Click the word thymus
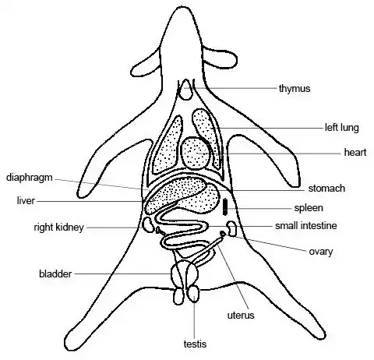(295, 89)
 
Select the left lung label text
(342, 128)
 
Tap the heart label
(355, 152)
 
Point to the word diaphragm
(30, 178)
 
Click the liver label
(26, 200)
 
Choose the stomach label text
(326, 189)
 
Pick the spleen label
(309, 208)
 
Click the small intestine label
(306, 225)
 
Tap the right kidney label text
(59, 228)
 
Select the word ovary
(321, 252)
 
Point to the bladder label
(55, 274)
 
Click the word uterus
(241, 316)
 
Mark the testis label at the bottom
(195, 344)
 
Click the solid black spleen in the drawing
(225, 206)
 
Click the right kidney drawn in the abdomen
(148, 224)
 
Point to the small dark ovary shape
(223, 233)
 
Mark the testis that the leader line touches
(194, 294)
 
